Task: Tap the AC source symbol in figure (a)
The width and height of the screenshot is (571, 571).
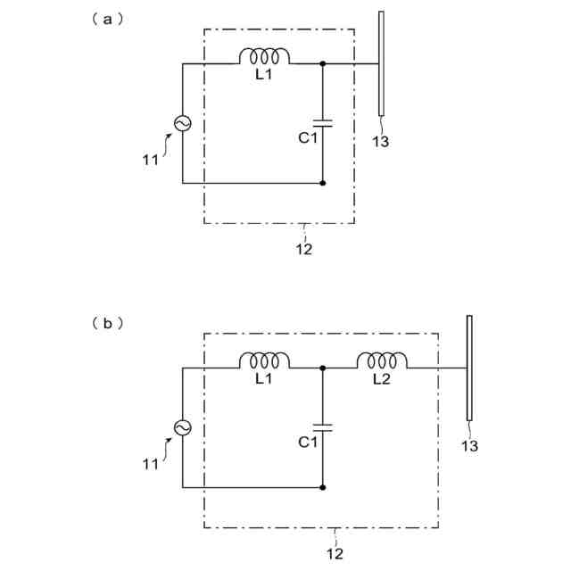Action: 183,123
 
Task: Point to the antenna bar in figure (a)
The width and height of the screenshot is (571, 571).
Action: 382,63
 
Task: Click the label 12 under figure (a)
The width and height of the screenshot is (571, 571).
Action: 303,250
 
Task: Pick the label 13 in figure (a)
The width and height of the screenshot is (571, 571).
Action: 381,141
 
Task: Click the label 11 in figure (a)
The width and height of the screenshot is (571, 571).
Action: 150,160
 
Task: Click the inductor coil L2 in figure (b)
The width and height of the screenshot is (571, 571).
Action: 383,360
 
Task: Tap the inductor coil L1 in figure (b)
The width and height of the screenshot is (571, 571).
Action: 264,360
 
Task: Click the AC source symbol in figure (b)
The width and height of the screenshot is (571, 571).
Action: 183,427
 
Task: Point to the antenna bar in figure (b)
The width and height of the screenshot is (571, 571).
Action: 469,367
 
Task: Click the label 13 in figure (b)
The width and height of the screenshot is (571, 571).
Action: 469,445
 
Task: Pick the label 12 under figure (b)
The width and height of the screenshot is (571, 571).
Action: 334,553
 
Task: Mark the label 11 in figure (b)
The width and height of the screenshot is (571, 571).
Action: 150,464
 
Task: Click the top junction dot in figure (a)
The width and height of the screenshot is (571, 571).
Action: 322,63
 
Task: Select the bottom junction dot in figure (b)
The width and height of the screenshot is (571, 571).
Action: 322,487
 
